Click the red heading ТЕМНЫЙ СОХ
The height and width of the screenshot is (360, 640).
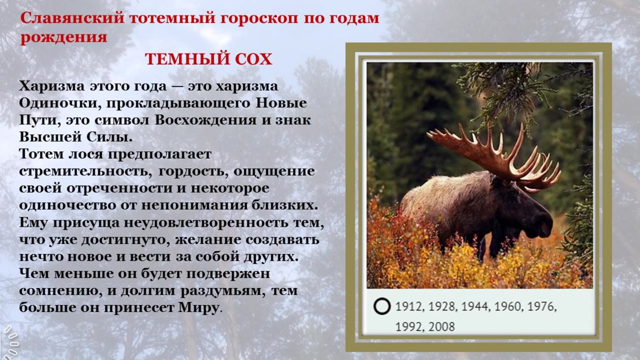pyautogui.click(x=209, y=59)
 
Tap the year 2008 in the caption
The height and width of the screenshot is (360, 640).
pyautogui.click(x=441, y=326)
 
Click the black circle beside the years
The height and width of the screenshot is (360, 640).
pyautogui.click(x=382, y=307)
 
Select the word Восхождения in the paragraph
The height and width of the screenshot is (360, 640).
pyautogui.click(x=203, y=119)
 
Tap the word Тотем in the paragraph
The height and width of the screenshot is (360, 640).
pyautogui.click(x=41, y=154)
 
